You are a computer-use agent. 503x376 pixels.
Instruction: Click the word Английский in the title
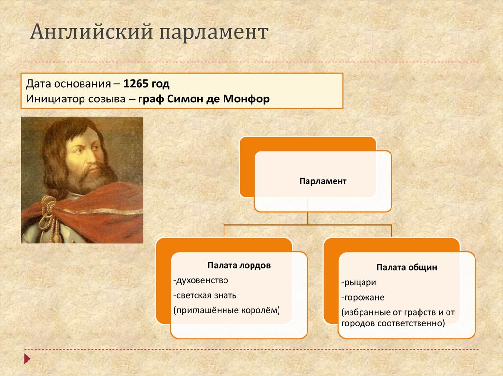coord(91,32)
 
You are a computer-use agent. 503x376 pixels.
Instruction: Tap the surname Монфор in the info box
coord(246,99)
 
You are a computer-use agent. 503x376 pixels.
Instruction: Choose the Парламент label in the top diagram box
coord(323,181)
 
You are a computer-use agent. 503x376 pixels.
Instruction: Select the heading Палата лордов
coord(239,265)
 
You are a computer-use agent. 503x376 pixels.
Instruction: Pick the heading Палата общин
coord(407,268)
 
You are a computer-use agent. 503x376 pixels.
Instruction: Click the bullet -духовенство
coord(201,280)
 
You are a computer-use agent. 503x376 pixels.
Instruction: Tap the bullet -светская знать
coord(205,295)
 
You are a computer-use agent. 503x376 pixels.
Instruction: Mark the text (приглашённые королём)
coord(227,310)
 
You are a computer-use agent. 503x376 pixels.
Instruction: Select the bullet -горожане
coord(363,297)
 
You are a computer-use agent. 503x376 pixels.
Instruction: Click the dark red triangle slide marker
coord(28,359)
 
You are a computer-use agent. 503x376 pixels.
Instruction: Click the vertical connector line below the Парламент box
coord(307,218)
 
